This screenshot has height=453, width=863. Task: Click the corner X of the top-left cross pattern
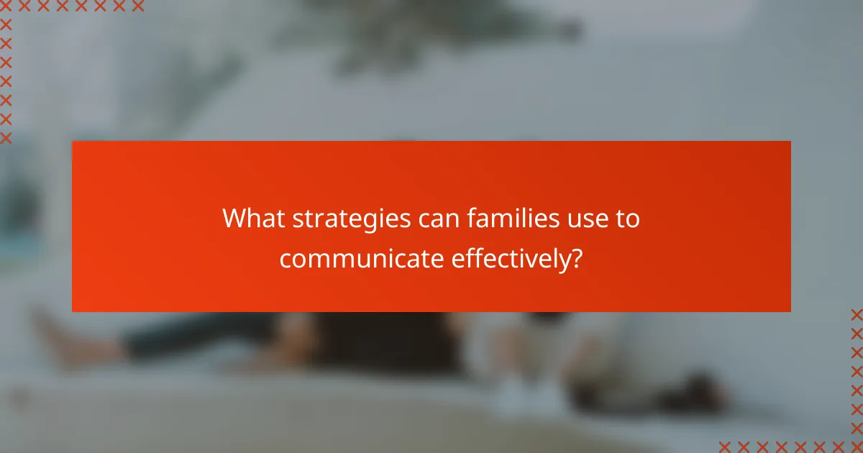click(6, 6)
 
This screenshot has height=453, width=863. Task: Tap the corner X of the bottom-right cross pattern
click(856, 446)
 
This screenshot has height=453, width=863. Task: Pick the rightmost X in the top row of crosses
click(137, 6)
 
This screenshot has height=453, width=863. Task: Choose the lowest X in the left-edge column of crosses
click(6, 137)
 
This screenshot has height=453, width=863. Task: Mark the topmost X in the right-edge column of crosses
click(856, 315)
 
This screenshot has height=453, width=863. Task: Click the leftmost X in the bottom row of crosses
click(725, 446)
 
